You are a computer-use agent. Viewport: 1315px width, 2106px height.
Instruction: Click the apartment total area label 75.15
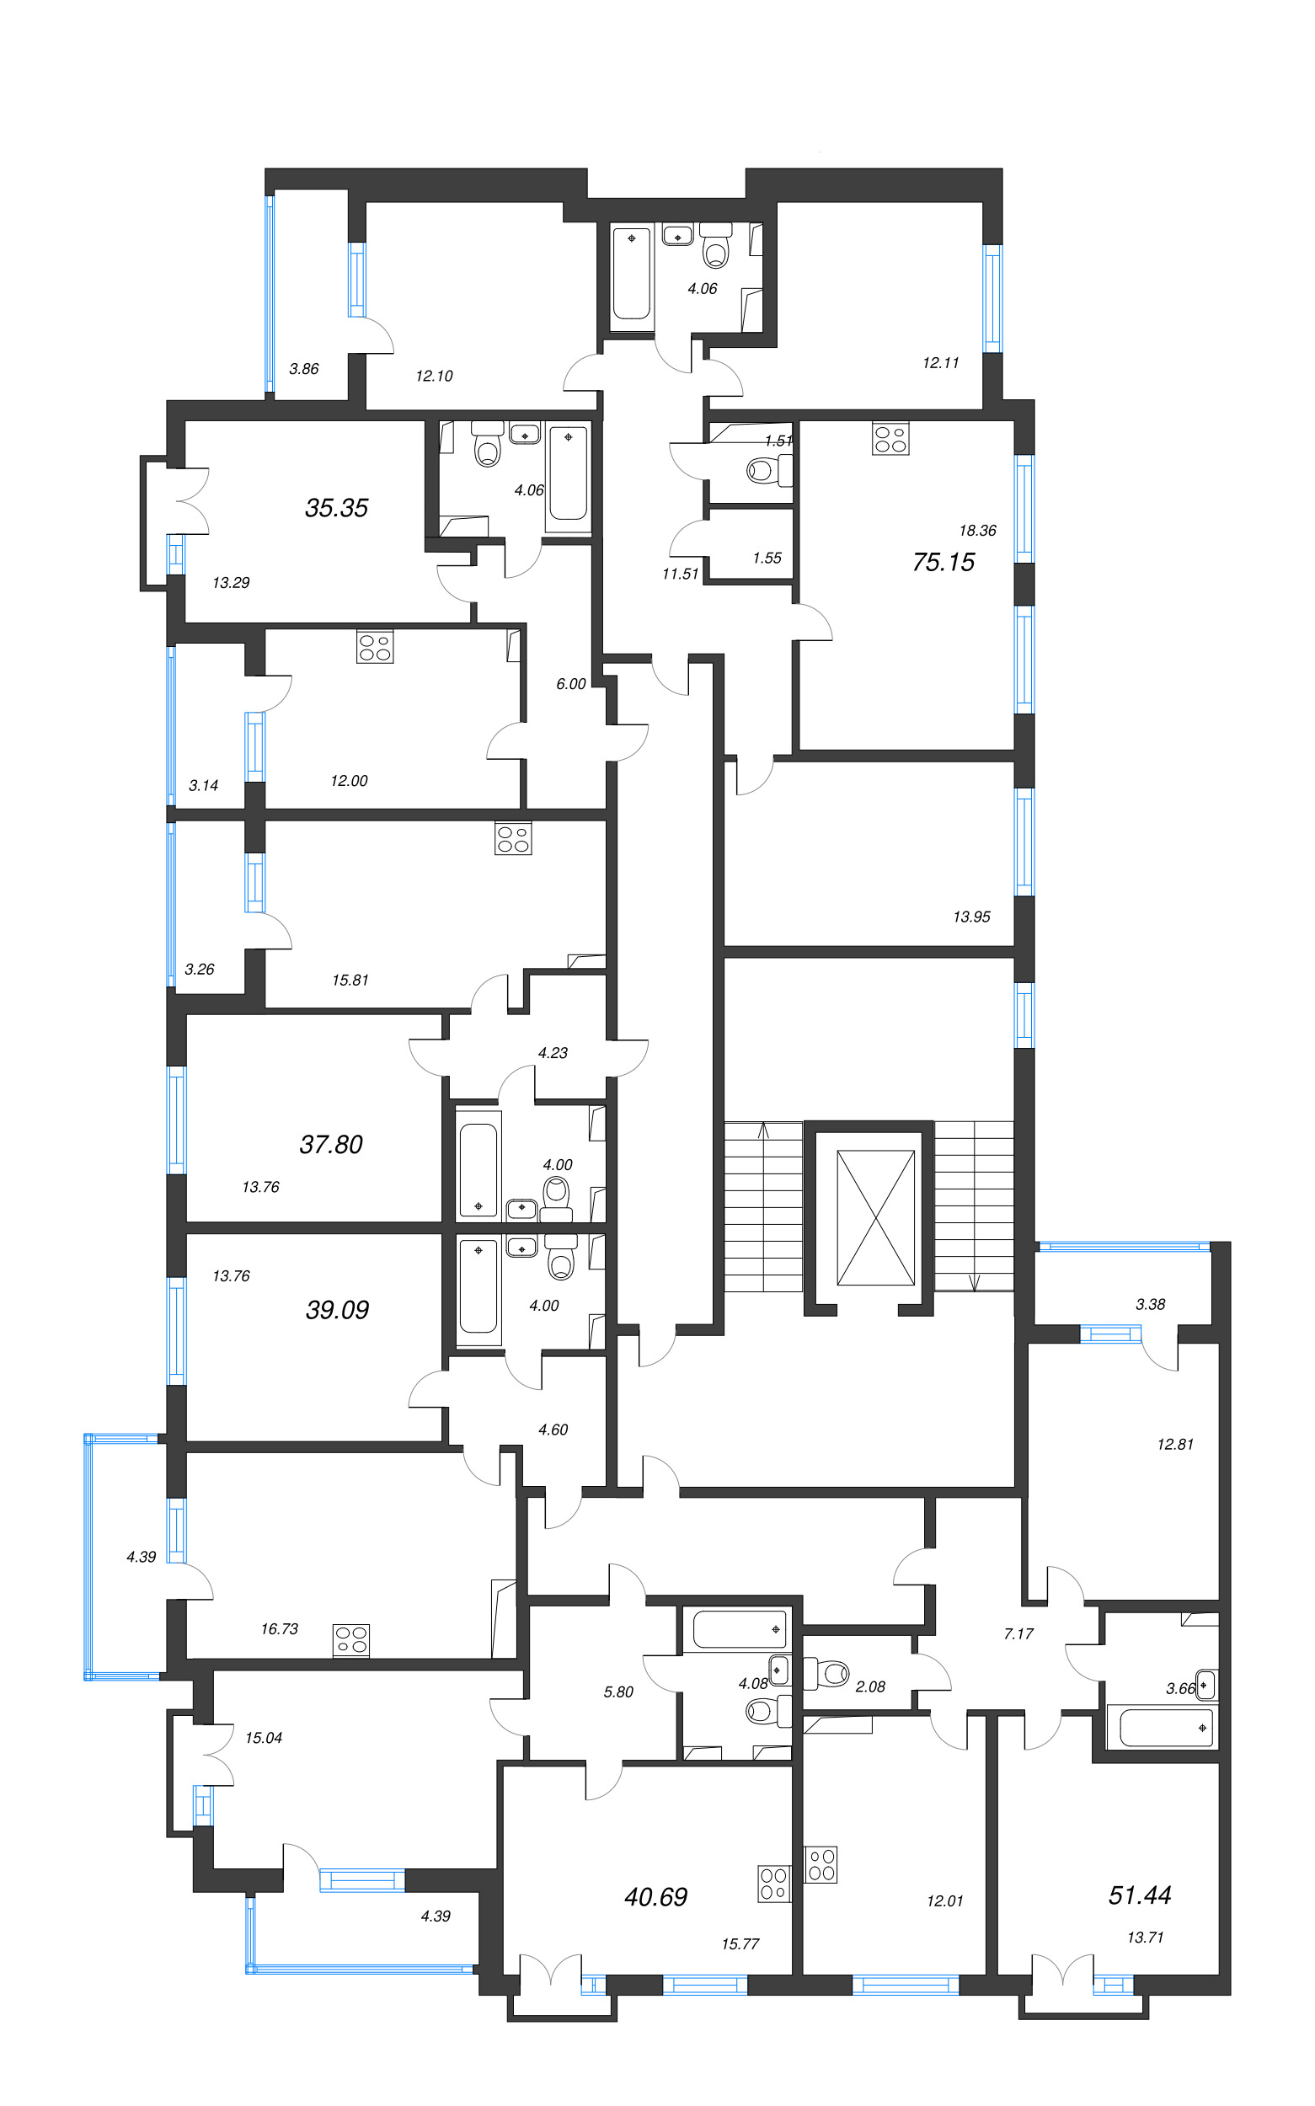pyautogui.click(x=943, y=563)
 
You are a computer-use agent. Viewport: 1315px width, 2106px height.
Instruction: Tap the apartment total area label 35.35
pyautogui.click(x=337, y=508)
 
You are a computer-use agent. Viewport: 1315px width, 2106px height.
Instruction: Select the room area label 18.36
pyautogui.click(x=977, y=531)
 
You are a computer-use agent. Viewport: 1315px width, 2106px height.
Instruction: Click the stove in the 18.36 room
pyautogui.click(x=890, y=438)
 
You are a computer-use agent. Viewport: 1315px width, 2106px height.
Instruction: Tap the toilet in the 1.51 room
pyautogui.click(x=767, y=470)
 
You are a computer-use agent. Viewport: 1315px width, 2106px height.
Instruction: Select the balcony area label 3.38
pyautogui.click(x=1150, y=1304)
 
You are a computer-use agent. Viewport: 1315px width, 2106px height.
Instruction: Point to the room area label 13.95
pyautogui.click(x=971, y=917)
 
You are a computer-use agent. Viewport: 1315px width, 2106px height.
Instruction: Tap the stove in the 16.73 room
pyautogui.click(x=351, y=1640)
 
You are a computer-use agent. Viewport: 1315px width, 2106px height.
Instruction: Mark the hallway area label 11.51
pyautogui.click(x=680, y=574)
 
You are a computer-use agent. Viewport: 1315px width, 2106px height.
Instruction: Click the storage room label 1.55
pyautogui.click(x=767, y=559)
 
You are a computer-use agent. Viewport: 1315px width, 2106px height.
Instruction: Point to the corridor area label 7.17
pyautogui.click(x=1018, y=1634)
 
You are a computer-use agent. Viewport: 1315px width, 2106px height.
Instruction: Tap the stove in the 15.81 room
pyautogui.click(x=513, y=838)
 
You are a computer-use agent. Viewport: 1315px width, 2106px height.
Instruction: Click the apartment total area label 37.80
pyautogui.click(x=331, y=1144)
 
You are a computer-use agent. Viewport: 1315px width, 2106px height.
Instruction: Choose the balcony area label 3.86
pyautogui.click(x=303, y=369)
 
